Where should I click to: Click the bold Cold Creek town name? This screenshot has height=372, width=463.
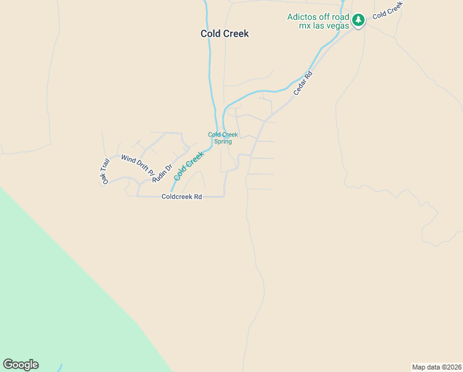(225, 33)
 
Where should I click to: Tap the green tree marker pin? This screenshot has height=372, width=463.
(358, 20)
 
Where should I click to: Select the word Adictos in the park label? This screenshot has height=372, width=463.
(302, 17)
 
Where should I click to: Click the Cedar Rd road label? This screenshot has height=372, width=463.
(303, 83)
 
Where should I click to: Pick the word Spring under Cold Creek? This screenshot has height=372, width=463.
(223, 141)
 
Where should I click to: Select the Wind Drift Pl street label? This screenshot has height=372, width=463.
(137, 167)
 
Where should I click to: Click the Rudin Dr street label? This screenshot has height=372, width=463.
(160, 172)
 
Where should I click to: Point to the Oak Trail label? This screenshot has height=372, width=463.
(106, 171)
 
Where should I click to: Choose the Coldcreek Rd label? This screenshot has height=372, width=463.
(181, 197)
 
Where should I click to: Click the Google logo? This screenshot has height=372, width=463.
(20, 365)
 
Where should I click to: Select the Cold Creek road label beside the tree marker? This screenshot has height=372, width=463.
(387, 9)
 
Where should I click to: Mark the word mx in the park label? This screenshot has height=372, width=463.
(305, 26)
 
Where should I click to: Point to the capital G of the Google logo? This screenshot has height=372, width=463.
(8, 364)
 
